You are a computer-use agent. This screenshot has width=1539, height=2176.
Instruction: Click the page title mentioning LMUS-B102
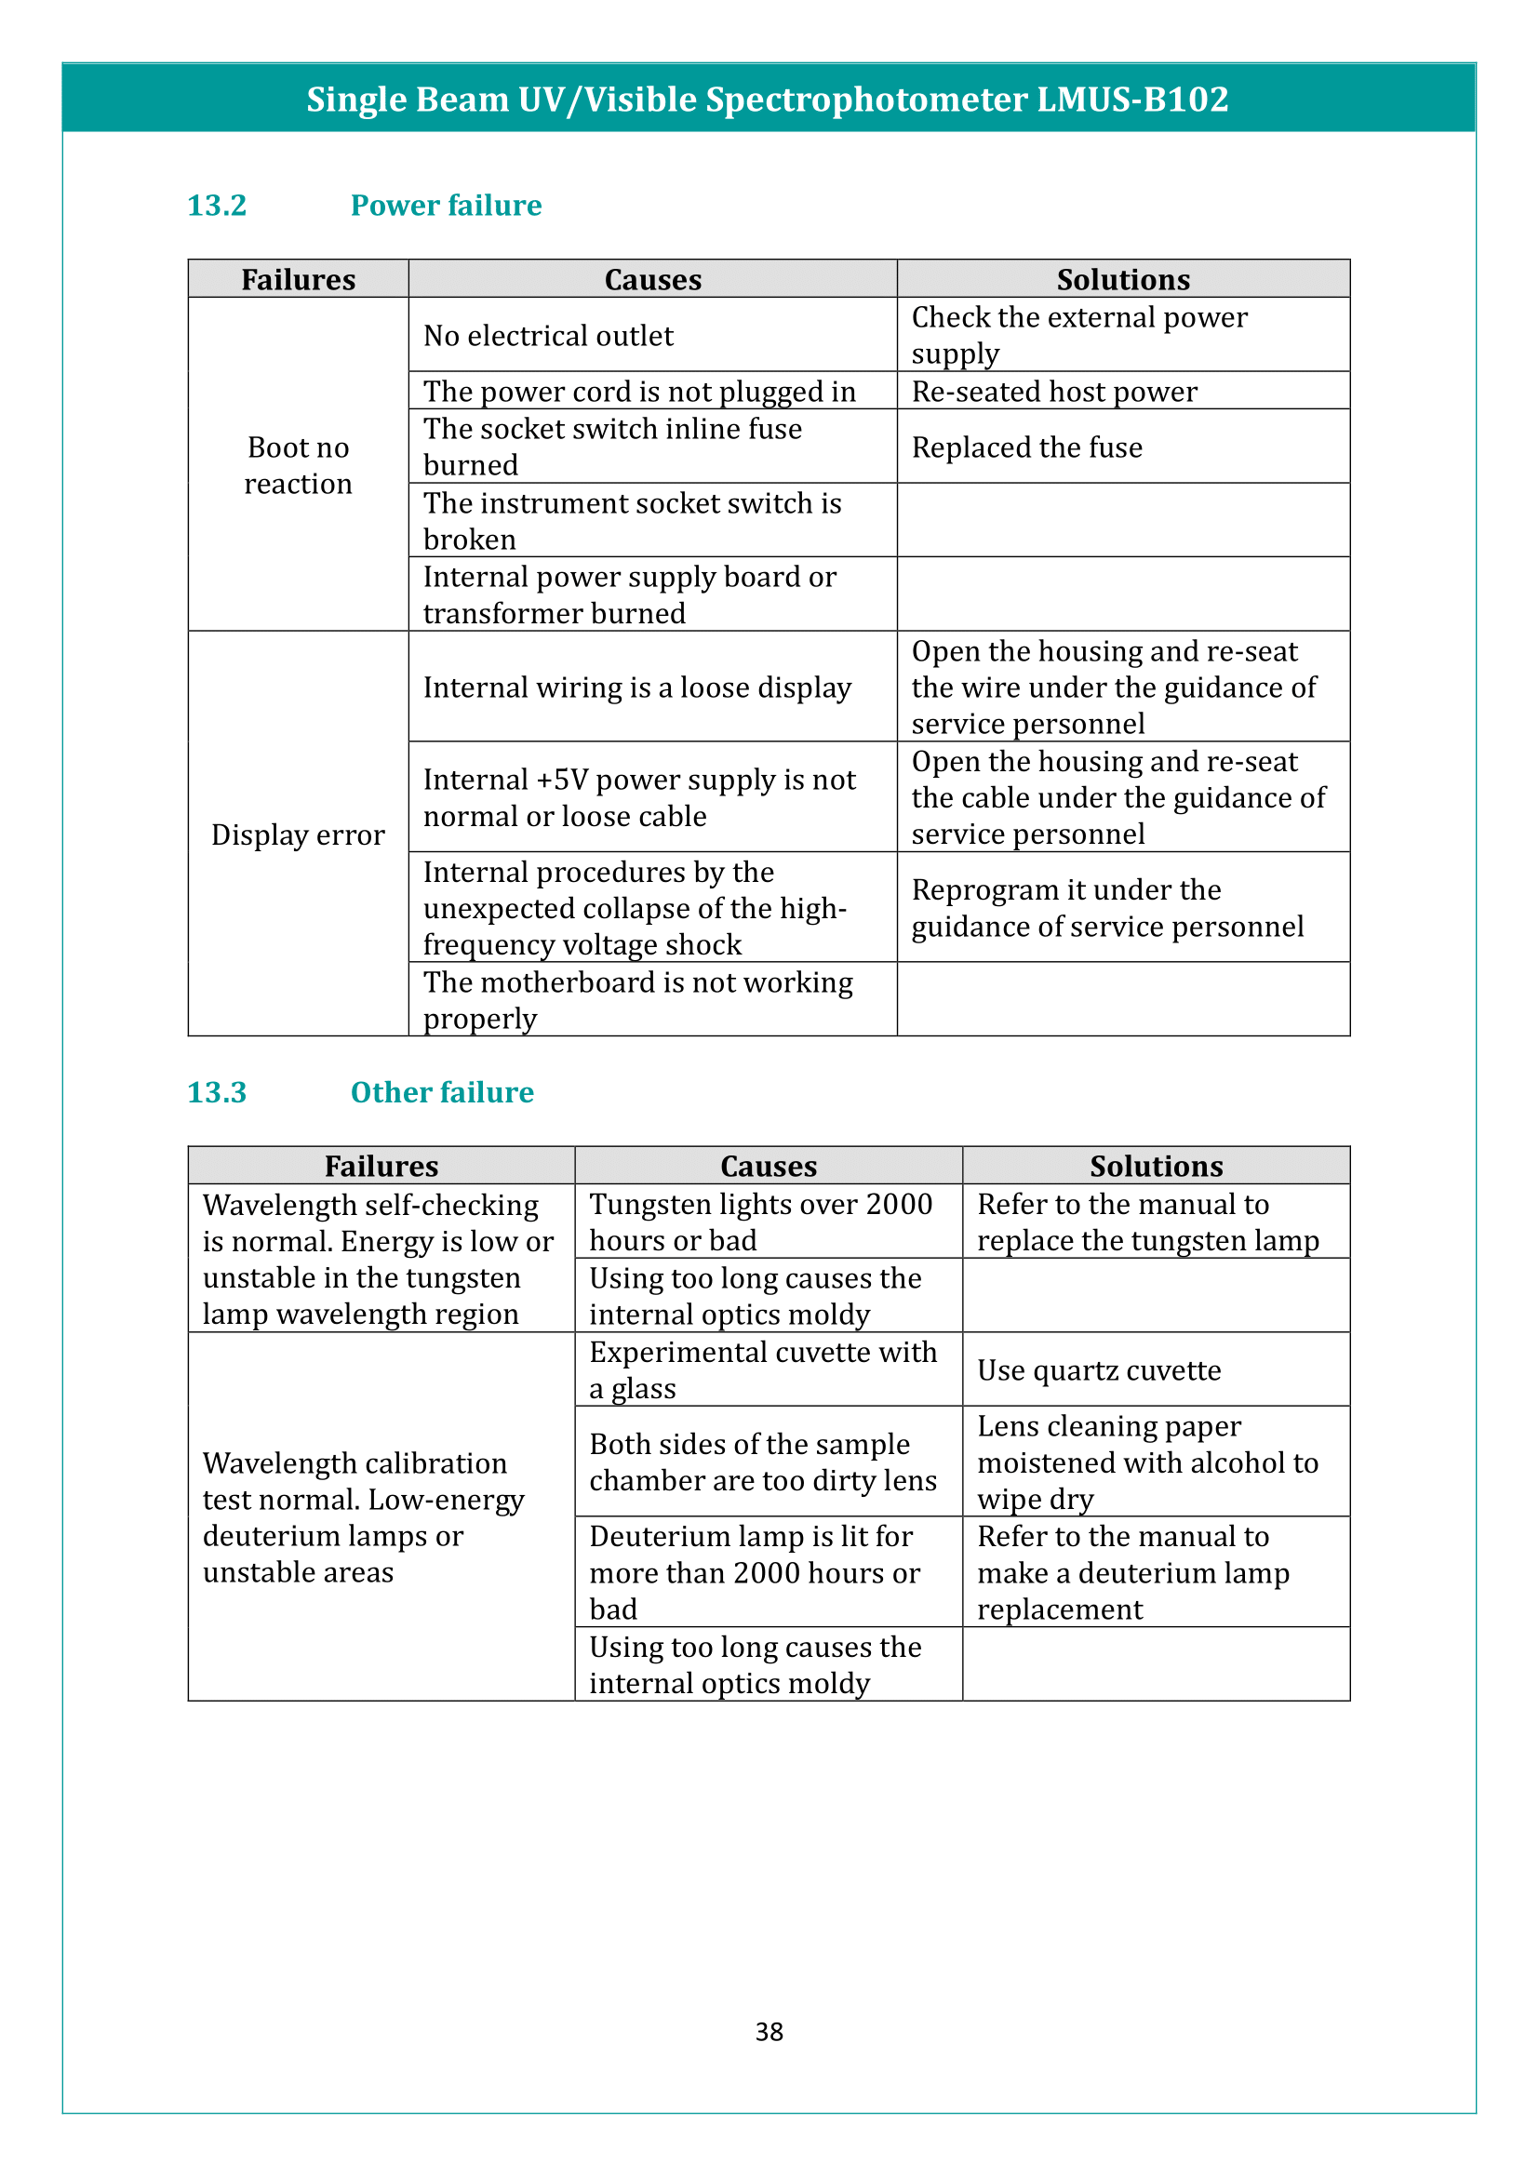pyautogui.click(x=768, y=100)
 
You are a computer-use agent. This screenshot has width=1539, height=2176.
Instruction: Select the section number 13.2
pyautogui.click(x=217, y=206)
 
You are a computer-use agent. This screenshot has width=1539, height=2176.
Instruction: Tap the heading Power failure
pyautogui.click(x=446, y=206)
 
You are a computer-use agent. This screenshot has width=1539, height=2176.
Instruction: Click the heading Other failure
pyautogui.click(x=442, y=1093)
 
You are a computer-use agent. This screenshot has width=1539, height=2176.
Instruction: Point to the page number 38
pyautogui.click(x=769, y=2032)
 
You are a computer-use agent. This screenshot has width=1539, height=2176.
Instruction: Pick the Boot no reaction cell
pyautogui.click(x=299, y=465)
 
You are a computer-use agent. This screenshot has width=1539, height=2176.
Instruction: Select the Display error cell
pyautogui.click(x=299, y=834)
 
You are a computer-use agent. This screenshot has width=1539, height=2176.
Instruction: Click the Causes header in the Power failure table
pyautogui.click(x=653, y=280)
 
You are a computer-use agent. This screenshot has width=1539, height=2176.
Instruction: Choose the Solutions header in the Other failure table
pyautogui.click(x=1157, y=1166)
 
